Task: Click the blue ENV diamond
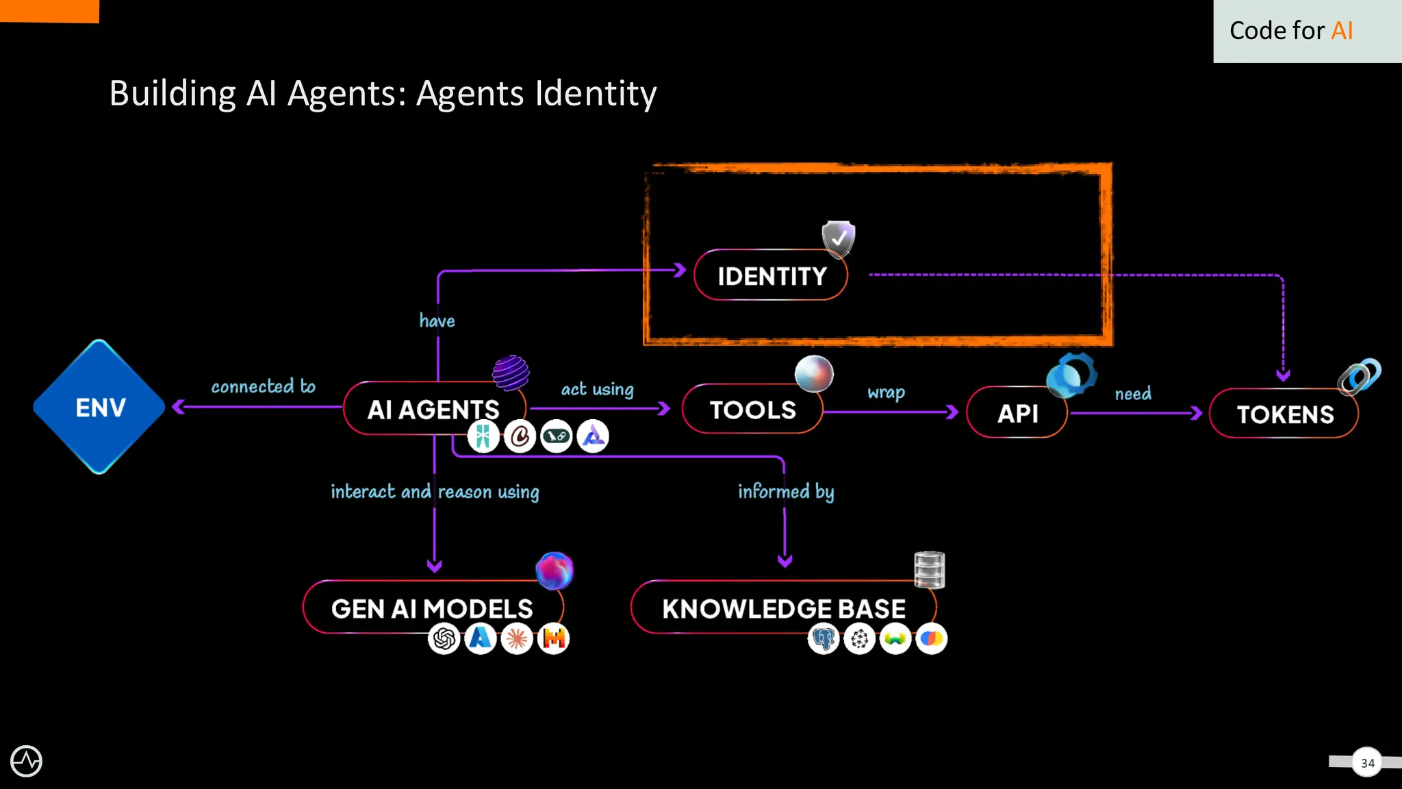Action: point(100,407)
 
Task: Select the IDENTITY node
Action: point(772,275)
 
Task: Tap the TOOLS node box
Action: point(752,410)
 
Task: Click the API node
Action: point(1017,413)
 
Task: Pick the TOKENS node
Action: point(1284,414)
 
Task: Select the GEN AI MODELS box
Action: point(432,608)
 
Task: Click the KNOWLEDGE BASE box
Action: point(784,608)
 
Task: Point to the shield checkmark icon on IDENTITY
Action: point(839,238)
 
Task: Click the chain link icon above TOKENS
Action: point(1360,376)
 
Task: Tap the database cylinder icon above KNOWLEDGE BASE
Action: point(929,570)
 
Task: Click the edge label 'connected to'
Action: point(263,386)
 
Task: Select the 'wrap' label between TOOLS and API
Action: point(886,392)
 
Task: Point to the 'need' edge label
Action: point(1133,394)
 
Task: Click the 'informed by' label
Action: point(785,492)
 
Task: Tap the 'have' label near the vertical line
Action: point(437,321)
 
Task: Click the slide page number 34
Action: point(1367,763)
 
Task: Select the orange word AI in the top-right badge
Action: point(1342,31)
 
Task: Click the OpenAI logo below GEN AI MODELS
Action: point(444,639)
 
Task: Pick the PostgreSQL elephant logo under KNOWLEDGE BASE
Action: point(824,639)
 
